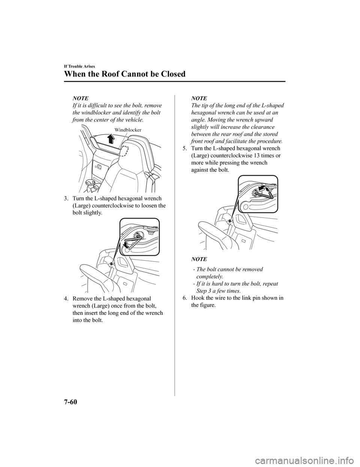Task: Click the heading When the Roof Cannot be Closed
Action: [x=124, y=74]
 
